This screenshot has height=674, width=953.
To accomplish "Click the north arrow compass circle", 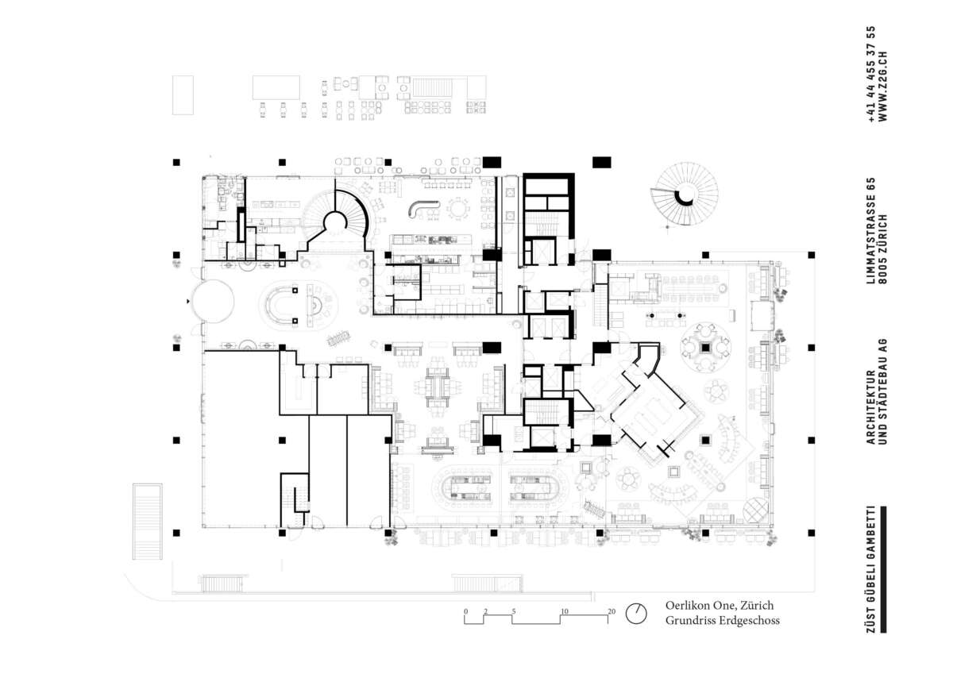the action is (636, 614).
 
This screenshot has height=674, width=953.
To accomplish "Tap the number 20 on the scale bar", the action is (612, 611).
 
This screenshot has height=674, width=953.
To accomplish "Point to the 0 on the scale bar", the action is (466, 611).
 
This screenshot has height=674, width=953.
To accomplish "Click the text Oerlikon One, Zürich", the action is (720, 605).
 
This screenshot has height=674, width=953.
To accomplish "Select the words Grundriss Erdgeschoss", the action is (723, 621).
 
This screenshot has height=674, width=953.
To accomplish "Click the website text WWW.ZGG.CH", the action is (883, 87).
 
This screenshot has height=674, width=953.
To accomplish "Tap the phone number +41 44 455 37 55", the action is (870, 75).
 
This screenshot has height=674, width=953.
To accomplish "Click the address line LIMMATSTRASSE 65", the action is (870, 230).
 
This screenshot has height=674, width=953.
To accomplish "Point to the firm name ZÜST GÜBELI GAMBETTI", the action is (870, 569).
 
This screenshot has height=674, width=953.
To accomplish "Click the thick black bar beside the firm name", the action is (883, 569).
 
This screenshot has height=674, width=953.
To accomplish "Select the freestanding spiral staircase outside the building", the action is (685, 196).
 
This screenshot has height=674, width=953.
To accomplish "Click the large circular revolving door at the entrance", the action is (212, 301).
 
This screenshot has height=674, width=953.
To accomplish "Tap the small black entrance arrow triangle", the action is (188, 302).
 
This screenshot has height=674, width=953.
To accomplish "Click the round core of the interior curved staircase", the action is (335, 223).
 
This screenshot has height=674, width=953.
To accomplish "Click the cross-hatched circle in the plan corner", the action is (755, 510).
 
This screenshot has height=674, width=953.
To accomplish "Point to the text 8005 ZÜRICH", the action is (883, 248).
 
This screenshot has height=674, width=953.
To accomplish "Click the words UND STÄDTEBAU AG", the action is (883, 391).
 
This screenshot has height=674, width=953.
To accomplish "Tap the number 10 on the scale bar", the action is (564, 611).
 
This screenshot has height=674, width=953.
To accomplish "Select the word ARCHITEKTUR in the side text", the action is (870, 407).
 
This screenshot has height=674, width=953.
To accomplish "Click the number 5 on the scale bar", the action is (514, 611).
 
